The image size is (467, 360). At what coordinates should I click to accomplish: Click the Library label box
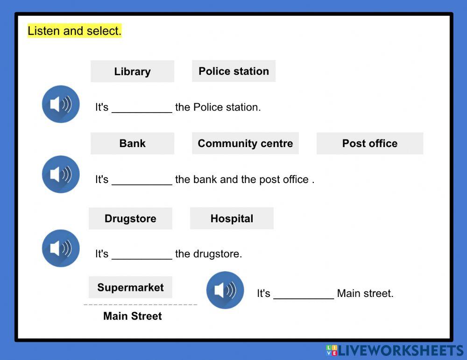132,71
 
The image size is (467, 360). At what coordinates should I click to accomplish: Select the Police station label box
233,71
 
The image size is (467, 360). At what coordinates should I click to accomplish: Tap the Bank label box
132,143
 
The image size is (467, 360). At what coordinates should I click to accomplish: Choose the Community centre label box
245,143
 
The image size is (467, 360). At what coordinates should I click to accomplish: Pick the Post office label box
369,143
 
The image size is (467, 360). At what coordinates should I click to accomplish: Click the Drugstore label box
130,219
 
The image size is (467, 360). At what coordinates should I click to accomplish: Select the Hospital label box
232,219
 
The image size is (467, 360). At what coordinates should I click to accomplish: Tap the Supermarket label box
130,287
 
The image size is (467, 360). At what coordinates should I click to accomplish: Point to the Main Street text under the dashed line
132,316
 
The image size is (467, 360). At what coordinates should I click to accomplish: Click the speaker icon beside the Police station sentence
61,104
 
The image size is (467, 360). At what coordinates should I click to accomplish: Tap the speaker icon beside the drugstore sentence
61,248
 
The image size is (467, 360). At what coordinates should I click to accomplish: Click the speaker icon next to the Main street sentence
225,290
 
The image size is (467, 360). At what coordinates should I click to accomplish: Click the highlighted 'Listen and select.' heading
75,31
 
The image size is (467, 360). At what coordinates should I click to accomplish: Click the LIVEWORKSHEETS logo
395,351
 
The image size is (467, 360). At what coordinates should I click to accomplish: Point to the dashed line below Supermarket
140,304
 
